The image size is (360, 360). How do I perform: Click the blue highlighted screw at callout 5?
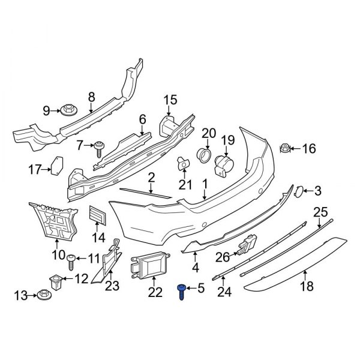point(182,292)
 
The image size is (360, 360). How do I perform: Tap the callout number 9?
point(46,110)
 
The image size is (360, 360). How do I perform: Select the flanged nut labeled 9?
point(66,110)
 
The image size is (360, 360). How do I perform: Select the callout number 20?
point(208,133)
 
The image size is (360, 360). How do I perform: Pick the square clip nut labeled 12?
point(55,279)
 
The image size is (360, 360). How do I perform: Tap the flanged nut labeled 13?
point(43,295)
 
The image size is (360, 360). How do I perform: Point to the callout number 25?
point(321,211)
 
